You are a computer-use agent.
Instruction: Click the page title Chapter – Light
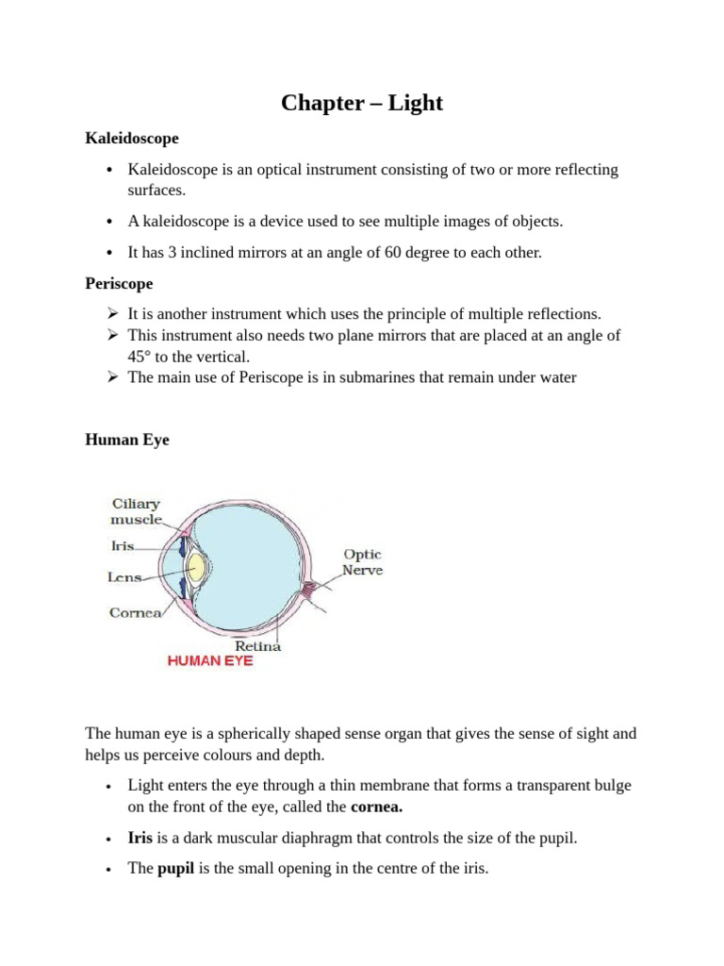(x=362, y=103)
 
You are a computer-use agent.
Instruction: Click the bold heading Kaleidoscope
(x=132, y=139)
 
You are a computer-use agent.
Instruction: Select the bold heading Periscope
(x=119, y=283)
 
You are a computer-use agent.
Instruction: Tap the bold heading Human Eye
(x=127, y=440)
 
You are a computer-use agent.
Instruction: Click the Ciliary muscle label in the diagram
(x=137, y=511)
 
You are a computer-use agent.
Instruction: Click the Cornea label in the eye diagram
(x=135, y=611)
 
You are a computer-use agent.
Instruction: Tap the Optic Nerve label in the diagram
(x=362, y=562)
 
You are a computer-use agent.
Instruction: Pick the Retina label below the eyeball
(x=256, y=646)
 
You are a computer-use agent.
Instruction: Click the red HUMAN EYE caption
(x=210, y=662)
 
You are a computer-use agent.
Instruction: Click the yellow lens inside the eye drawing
(x=197, y=566)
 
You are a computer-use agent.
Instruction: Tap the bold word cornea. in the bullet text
(x=377, y=808)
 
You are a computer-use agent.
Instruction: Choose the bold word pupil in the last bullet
(x=174, y=869)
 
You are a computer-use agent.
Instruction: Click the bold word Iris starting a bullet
(x=140, y=838)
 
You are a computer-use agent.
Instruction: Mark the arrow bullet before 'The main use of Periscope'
(x=111, y=377)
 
